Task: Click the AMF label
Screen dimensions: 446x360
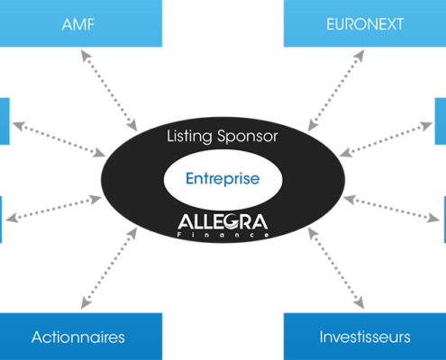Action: [x=78, y=24]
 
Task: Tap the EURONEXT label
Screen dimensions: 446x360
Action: [x=365, y=24]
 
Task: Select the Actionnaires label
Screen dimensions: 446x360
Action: [x=78, y=337]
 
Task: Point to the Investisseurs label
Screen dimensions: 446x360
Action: [x=365, y=337]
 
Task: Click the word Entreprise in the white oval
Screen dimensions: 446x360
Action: [x=223, y=179]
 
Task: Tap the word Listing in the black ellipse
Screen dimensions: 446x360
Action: [x=189, y=137]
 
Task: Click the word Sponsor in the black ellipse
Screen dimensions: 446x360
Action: [x=248, y=137]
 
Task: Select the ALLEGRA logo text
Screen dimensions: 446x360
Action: [x=223, y=222]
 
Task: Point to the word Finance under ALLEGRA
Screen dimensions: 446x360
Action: [x=223, y=235]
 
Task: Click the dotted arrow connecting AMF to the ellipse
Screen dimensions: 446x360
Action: [x=109, y=90]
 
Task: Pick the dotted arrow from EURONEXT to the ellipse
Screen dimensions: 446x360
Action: [x=336, y=90]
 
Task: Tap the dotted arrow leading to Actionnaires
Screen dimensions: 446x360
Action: [x=109, y=268]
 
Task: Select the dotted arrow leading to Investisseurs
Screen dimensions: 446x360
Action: [x=336, y=268]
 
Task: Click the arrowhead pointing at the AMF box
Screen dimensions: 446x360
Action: [x=85, y=55]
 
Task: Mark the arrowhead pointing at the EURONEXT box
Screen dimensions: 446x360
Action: [x=360, y=55]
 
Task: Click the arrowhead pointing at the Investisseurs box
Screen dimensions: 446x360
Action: [x=360, y=303]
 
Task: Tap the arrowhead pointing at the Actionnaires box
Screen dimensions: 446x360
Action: [x=85, y=303]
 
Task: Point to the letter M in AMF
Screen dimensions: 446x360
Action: [x=79, y=24]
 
